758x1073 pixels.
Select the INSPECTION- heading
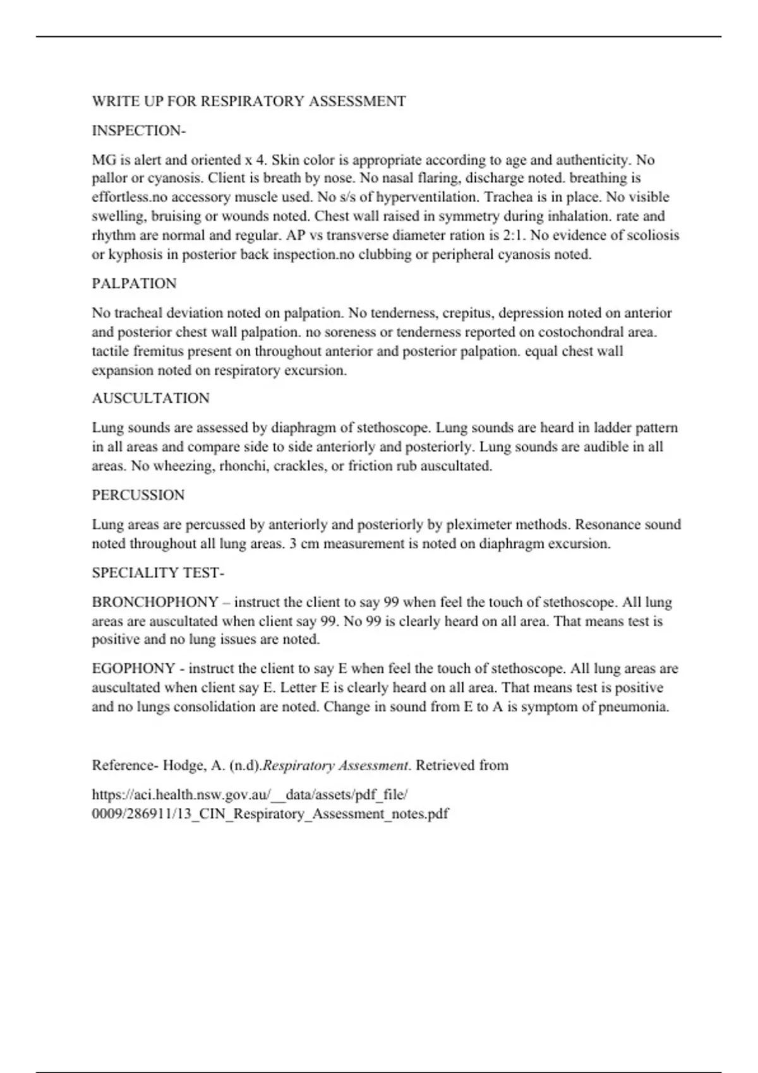click(x=138, y=131)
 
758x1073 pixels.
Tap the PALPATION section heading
click(x=134, y=283)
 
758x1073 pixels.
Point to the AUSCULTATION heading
click(x=150, y=398)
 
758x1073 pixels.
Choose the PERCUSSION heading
click(x=138, y=495)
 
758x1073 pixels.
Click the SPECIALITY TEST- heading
click(x=158, y=573)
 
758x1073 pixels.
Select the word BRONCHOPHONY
click(x=155, y=602)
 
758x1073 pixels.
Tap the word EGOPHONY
click(x=133, y=668)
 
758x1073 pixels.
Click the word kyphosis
click(x=133, y=255)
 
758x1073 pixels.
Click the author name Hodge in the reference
click(x=183, y=766)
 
